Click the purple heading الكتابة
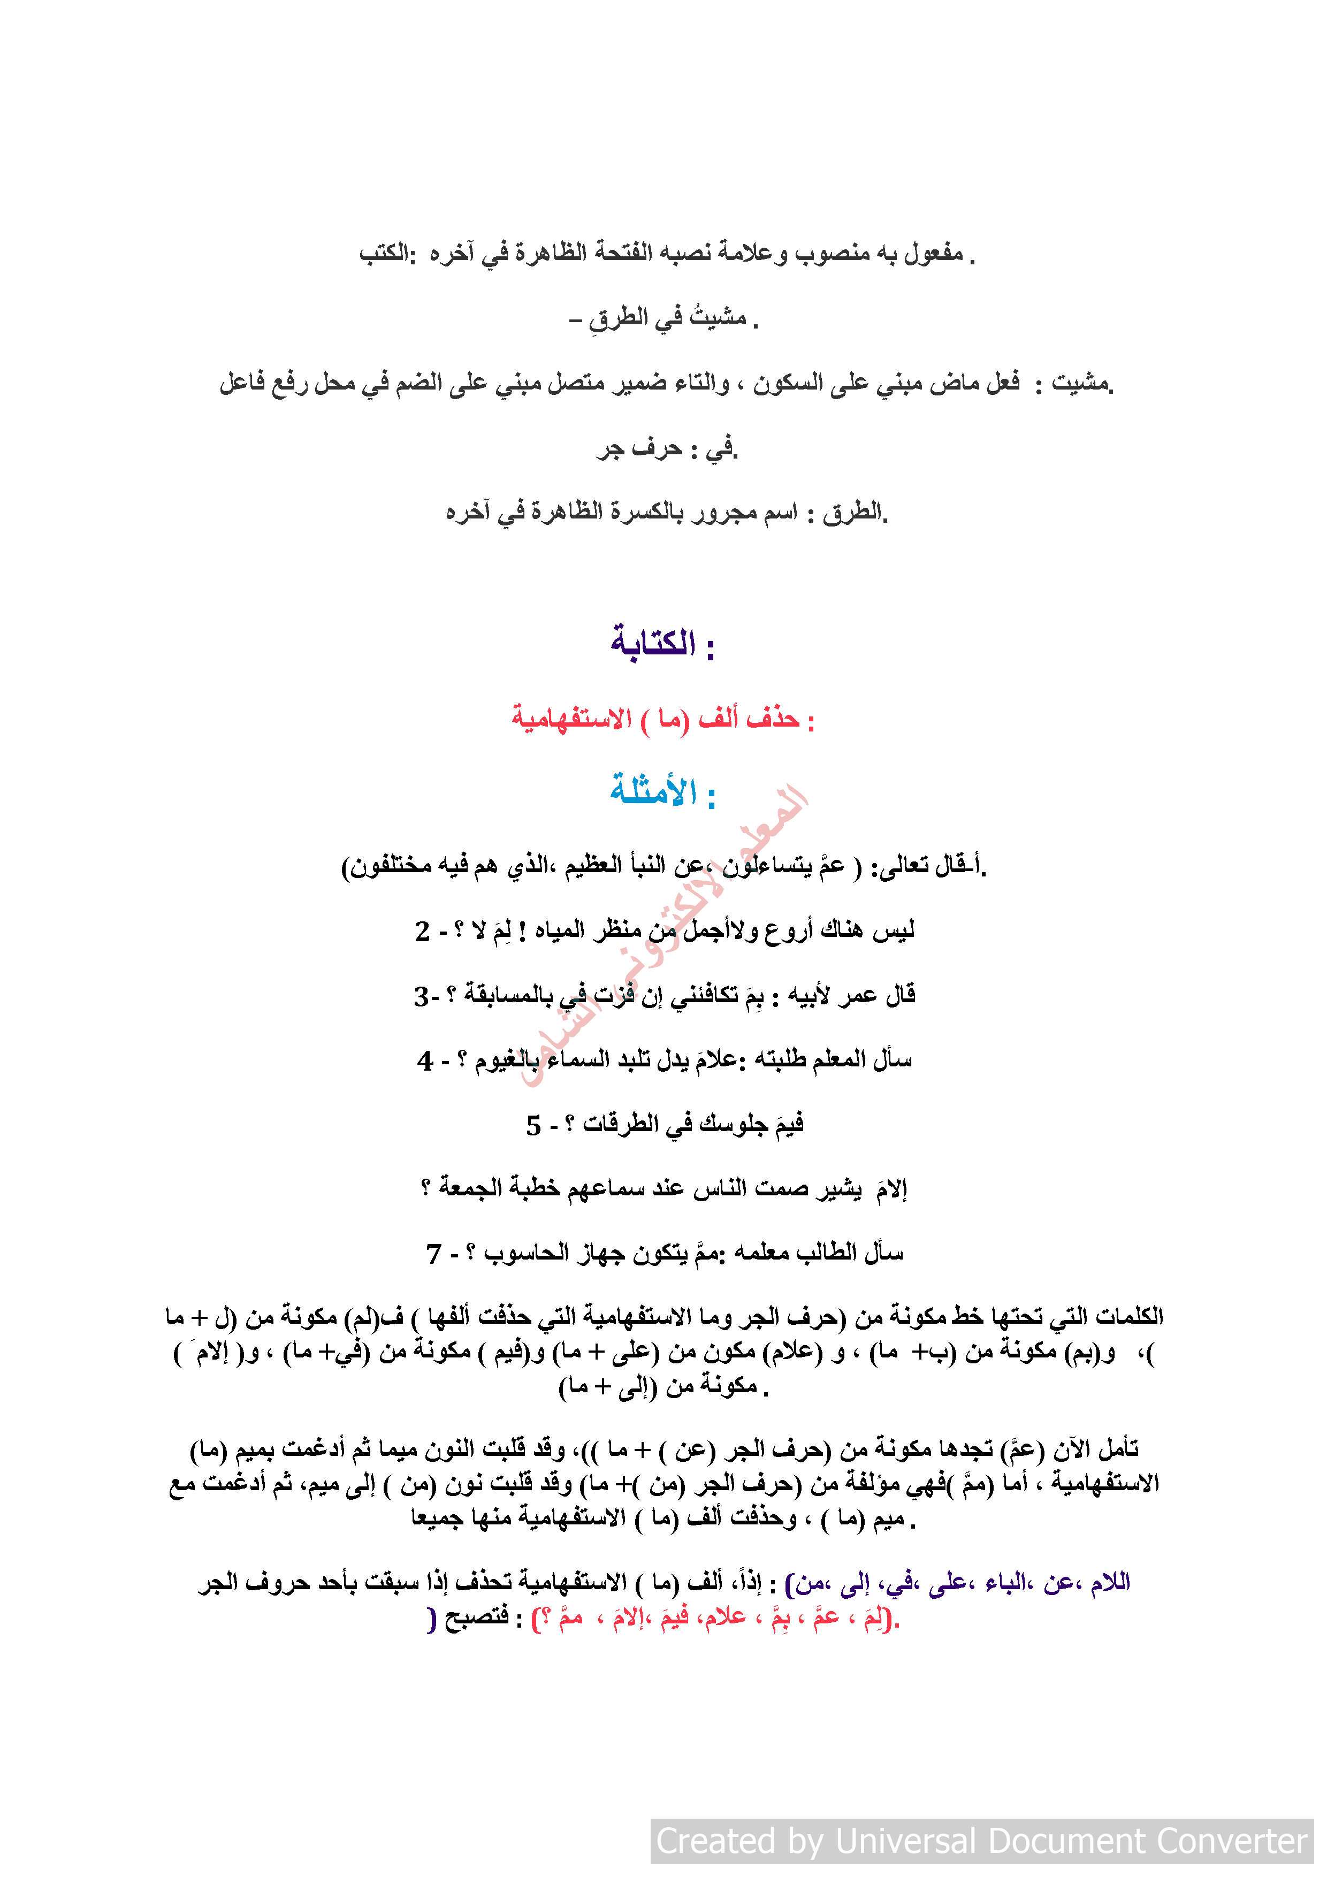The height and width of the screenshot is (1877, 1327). coord(653,643)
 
